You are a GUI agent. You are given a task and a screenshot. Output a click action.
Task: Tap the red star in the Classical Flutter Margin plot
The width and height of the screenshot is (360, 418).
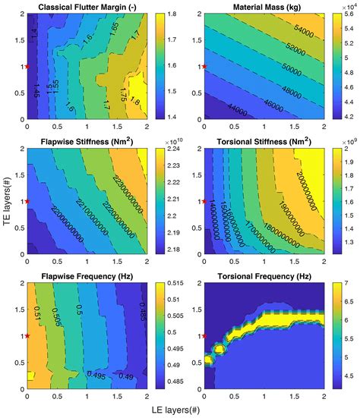(x=28, y=67)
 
